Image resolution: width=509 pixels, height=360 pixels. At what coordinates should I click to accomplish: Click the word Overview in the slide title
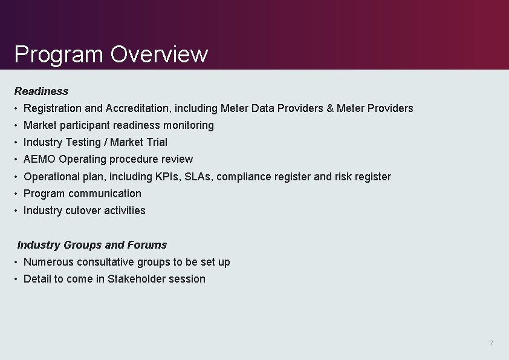coord(159,54)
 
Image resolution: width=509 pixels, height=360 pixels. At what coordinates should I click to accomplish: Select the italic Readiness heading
coord(41,91)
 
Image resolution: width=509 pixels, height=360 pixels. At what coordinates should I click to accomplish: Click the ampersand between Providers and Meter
coord(330,108)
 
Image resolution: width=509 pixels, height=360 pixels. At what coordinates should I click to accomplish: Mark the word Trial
coord(157,142)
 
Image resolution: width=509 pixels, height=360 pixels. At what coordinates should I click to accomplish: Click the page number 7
coord(491,344)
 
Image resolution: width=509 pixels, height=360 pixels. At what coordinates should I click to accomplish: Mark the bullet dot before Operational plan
coord(16,177)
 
